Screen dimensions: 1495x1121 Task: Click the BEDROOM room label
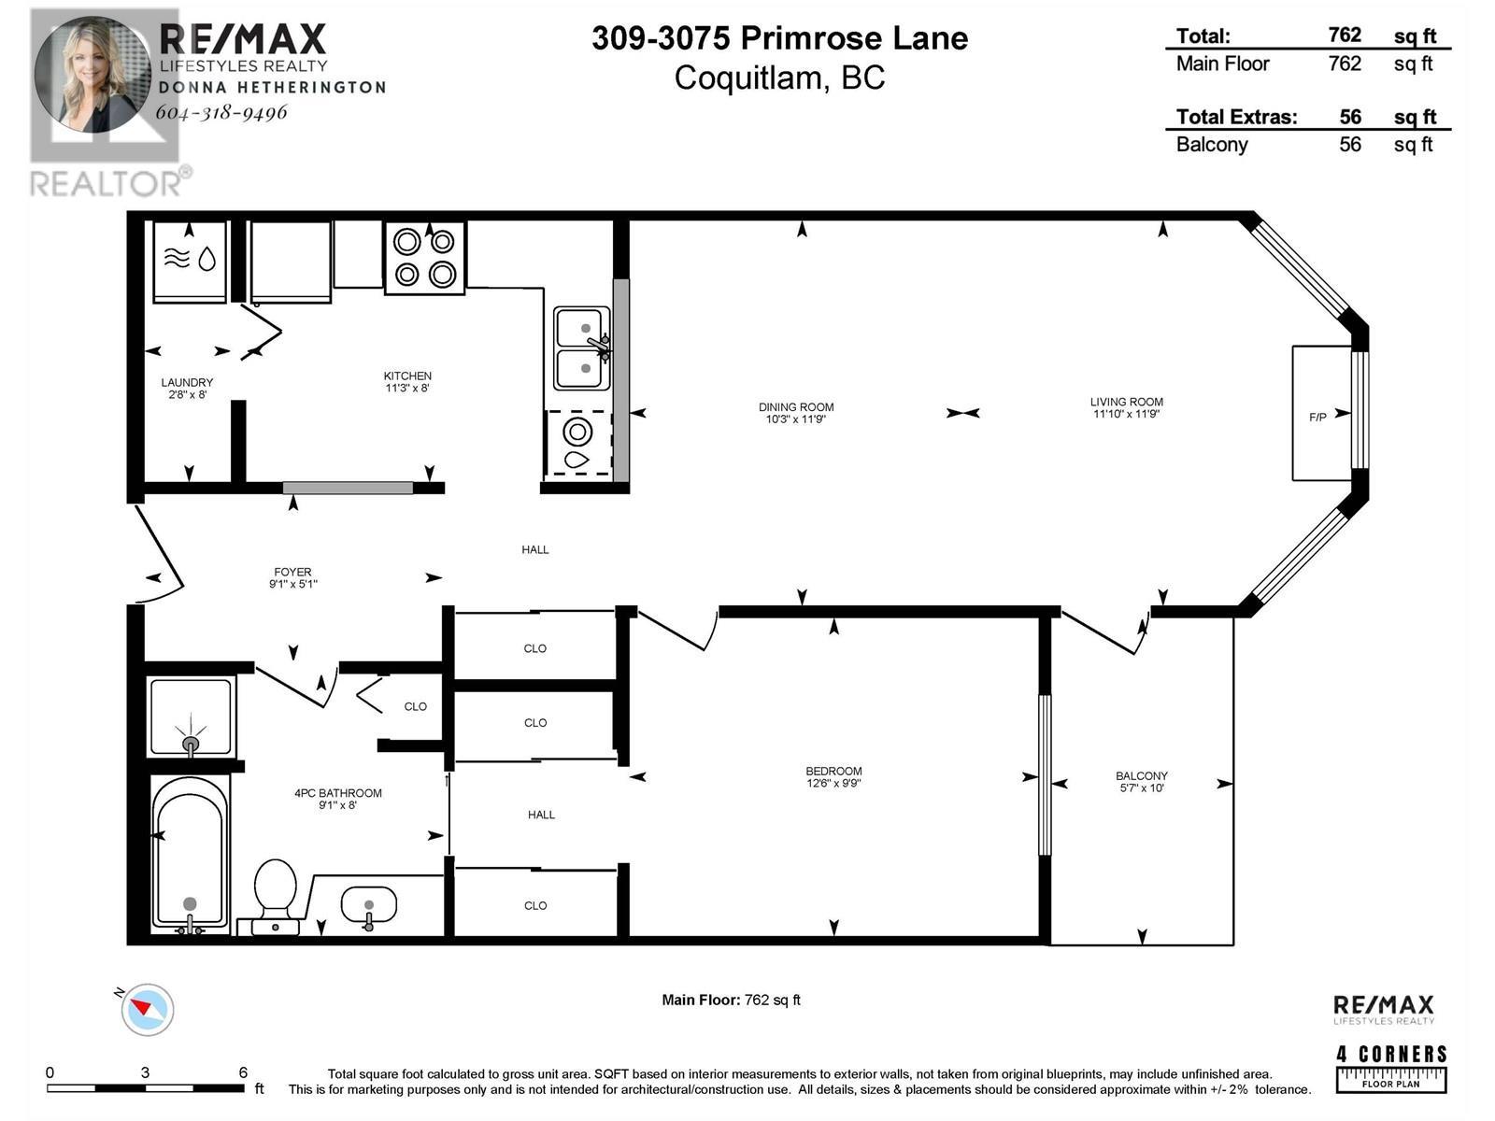pyautogui.click(x=833, y=772)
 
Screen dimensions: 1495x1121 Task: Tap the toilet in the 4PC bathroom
pyautogui.click(x=276, y=897)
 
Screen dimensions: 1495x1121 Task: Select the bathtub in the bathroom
pyautogui.click(x=190, y=857)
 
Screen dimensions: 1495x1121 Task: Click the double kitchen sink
pyautogui.click(x=582, y=348)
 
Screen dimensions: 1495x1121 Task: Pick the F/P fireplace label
pyautogui.click(x=1317, y=418)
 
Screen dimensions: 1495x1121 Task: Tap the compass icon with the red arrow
pyautogui.click(x=147, y=1010)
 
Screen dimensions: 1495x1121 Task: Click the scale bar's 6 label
pyautogui.click(x=243, y=1072)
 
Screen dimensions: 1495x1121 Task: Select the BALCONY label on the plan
pyautogui.click(x=1142, y=776)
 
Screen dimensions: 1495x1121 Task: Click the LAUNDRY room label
pyautogui.click(x=187, y=382)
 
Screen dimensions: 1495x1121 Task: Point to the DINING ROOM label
pyautogui.click(x=795, y=407)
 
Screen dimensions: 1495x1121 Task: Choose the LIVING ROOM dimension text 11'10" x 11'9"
pyautogui.click(x=1126, y=414)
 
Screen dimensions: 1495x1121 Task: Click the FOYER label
pyautogui.click(x=292, y=572)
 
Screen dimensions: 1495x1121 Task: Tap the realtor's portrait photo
pyautogui.click(x=93, y=75)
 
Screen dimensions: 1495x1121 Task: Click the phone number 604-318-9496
pyautogui.click(x=221, y=111)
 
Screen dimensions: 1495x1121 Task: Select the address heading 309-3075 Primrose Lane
pyautogui.click(x=780, y=38)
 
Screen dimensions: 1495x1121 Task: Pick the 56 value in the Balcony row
pyautogui.click(x=1350, y=144)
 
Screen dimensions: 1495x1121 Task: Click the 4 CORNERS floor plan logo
pyautogui.click(x=1390, y=1069)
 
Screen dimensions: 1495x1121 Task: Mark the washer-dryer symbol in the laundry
pyautogui.click(x=190, y=263)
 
